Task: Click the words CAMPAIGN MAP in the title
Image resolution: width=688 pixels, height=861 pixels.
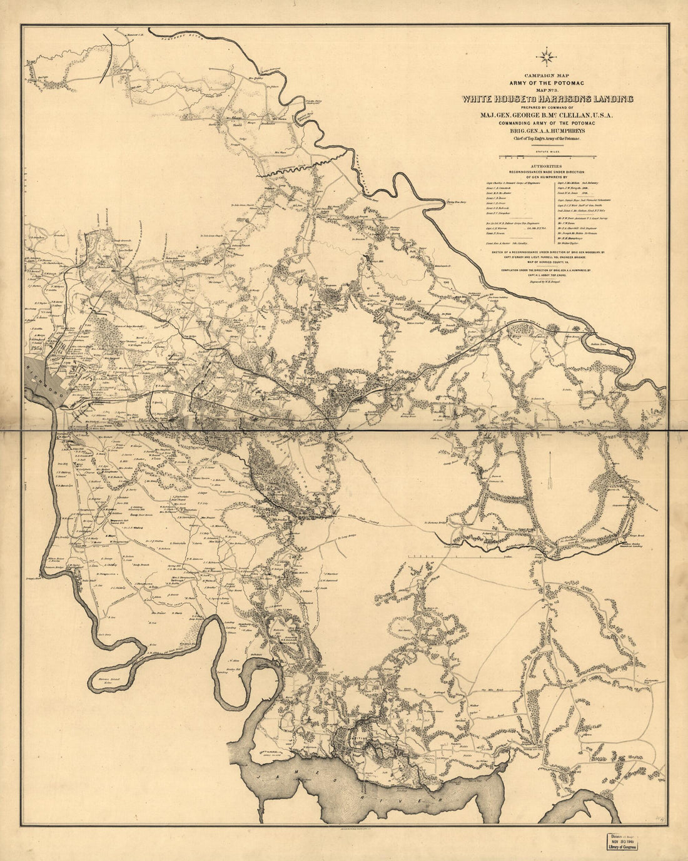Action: (x=545, y=74)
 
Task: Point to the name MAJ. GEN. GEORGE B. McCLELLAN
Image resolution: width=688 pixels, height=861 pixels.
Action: (x=547, y=115)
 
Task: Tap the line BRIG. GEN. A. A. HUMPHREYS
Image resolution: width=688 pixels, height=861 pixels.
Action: (x=547, y=132)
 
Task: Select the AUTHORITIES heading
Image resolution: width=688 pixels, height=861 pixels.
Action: (x=547, y=166)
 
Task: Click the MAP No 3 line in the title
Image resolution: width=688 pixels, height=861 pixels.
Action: (x=547, y=89)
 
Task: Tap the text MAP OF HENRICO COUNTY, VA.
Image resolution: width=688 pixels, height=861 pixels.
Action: (x=547, y=261)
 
